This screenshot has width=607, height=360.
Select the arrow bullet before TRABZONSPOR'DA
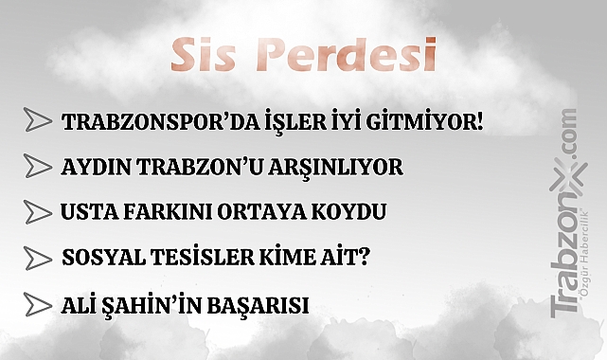tap(38, 120)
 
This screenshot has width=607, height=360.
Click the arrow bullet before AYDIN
tap(38, 166)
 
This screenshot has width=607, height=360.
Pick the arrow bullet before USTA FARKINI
tap(38, 210)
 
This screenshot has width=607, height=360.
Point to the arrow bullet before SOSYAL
tap(38, 258)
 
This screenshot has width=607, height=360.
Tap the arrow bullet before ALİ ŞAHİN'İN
tap(38, 305)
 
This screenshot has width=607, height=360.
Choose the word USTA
tap(87, 211)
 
